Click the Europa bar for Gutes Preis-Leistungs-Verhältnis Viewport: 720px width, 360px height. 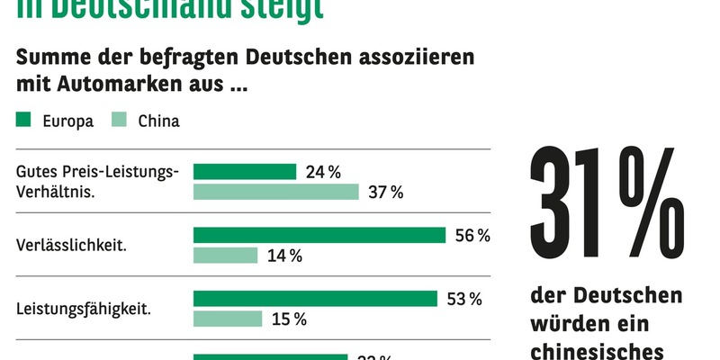pos(245,172)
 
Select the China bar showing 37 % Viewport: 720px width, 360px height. pos(276,192)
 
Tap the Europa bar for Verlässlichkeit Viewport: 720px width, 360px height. pos(319,235)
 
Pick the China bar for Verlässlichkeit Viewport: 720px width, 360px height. pos(226,256)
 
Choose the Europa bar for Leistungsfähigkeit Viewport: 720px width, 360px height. pos(315,298)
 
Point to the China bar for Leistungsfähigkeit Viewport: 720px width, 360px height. pos(228,319)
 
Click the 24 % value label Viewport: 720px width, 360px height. pos(323,172)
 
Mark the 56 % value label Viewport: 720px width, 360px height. pos(472,235)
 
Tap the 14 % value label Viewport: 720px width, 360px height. pos(284,256)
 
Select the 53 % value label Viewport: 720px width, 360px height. pos(464,298)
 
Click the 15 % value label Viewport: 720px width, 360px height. pos(289,319)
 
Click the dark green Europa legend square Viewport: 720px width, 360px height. pos(24,121)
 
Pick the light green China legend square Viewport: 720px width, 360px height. pos(118,121)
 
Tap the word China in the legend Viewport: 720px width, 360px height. pos(158,121)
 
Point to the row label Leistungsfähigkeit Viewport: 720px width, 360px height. pos(84,308)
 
